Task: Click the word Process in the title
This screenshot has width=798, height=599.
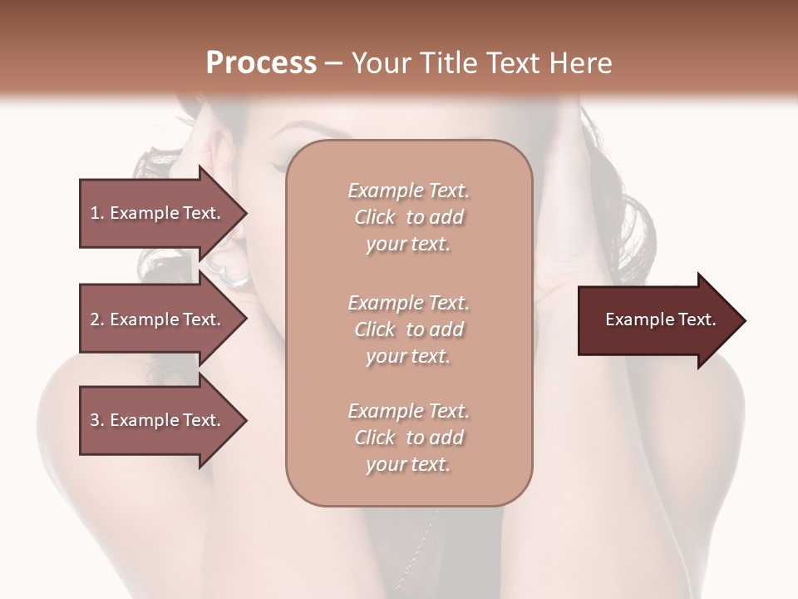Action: (261, 62)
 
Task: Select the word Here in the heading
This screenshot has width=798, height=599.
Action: (580, 62)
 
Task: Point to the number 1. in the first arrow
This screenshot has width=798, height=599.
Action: (97, 213)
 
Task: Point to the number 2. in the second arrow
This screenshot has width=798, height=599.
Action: (97, 319)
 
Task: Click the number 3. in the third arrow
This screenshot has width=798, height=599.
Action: (97, 420)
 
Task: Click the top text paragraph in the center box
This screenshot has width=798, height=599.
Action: (408, 217)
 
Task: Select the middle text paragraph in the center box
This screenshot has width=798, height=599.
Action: (408, 329)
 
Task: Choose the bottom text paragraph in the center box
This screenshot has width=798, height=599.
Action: (408, 438)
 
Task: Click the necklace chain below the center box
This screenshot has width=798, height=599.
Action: (420, 541)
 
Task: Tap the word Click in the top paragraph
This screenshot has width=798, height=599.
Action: (375, 217)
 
